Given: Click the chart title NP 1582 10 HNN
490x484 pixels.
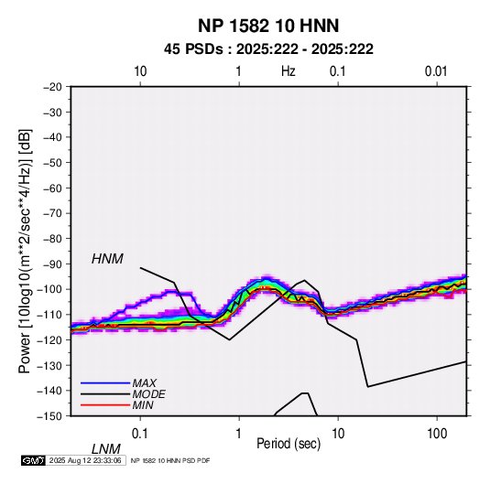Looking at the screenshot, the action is (268, 26).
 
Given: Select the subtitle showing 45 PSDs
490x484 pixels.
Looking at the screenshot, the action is (268, 49).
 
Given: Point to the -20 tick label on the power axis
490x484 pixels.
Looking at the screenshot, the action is (52, 87).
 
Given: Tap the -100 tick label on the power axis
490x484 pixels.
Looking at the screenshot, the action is (50, 289).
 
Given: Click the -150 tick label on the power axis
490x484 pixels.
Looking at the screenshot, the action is (50, 416).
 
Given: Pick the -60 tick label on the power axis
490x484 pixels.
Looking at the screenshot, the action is (52, 188).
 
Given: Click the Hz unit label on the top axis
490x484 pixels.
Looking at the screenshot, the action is (289, 71).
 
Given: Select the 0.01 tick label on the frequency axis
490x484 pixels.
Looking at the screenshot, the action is (436, 71).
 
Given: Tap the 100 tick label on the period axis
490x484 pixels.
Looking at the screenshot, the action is (437, 434).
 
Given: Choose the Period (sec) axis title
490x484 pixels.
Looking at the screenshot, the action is (289, 444).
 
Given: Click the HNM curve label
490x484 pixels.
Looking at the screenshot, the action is (107, 259).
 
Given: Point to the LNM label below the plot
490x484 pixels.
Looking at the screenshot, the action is (105, 449).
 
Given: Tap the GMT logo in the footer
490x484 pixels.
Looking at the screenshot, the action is (33, 460).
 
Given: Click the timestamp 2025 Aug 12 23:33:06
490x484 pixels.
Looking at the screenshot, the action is (85, 460).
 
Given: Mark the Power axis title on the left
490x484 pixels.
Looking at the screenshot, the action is (25, 252).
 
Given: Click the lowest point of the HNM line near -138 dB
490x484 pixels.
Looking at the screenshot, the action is (368, 387).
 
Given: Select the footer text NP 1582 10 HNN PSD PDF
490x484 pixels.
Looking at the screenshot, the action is (170, 460).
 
